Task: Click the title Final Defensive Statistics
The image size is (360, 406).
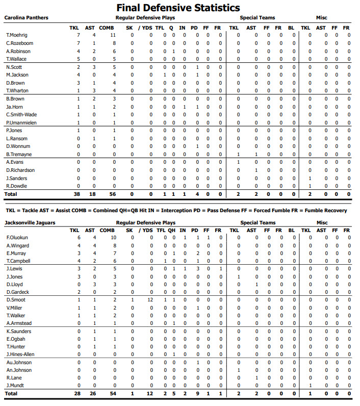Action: click(x=178, y=8)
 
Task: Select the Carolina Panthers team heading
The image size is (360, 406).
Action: click(x=27, y=18)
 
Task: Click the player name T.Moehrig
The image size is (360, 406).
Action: click(x=16, y=35)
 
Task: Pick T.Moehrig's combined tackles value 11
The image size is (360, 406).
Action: click(x=113, y=35)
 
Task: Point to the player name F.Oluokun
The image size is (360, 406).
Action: click(x=17, y=238)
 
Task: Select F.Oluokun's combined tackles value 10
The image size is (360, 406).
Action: click(x=113, y=238)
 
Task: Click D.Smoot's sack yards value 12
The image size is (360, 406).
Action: click(x=150, y=300)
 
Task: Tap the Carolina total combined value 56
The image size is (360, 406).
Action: click(x=113, y=194)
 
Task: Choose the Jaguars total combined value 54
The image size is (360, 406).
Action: click(x=113, y=394)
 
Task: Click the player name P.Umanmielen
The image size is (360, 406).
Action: click(x=20, y=123)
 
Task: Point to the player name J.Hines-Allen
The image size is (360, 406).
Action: click(x=20, y=354)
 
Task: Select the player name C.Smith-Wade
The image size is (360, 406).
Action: click(x=21, y=115)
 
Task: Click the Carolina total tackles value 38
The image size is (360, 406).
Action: click(x=77, y=194)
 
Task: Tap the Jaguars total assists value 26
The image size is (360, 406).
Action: click(x=93, y=394)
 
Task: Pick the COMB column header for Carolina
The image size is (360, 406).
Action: click(x=107, y=27)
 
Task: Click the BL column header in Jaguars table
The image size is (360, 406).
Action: click(x=291, y=231)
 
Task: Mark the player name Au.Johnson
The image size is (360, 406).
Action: click(x=19, y=363)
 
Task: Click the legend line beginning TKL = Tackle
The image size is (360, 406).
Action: click(x=176, y=210)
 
